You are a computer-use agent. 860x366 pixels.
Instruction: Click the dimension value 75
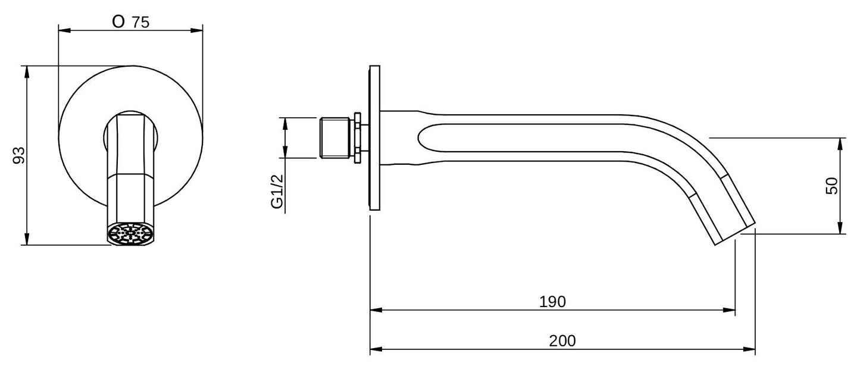[x=140, y=23]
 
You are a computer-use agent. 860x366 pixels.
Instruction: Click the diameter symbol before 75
[x=118, y=22]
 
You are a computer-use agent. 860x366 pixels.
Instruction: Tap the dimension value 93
[x=19, y=155]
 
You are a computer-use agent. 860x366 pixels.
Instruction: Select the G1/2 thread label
[x=277, y=191]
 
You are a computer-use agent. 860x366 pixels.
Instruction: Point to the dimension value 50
[x=831, y=186]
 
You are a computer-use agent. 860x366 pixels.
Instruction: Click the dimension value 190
[x=552, y=302]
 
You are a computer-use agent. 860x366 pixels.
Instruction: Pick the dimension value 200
[x=562, y=340]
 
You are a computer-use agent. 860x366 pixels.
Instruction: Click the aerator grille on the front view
[x=130, y=233]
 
